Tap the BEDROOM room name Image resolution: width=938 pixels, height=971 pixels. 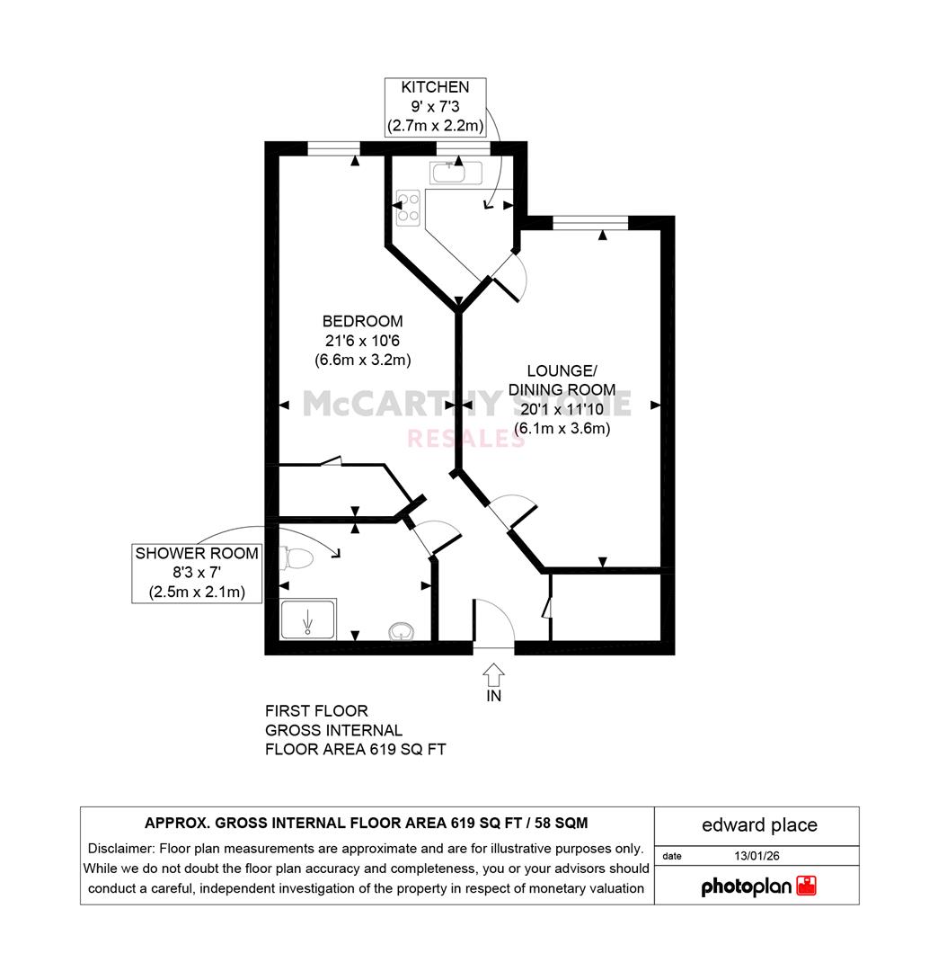point(363,321)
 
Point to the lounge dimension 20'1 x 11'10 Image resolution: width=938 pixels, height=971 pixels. point(562,409)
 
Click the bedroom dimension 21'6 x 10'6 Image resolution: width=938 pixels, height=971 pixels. point(363,341)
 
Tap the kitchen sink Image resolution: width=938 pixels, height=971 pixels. point(456,172)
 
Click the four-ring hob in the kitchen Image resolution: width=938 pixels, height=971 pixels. point(409,208)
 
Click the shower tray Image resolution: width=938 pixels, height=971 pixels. point(308,619)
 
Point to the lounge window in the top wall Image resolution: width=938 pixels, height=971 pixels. point(590,222)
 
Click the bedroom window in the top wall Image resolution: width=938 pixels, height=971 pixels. point(334,148)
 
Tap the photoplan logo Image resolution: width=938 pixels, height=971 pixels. point(758,886)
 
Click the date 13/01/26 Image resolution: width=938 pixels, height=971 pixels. point(757,856)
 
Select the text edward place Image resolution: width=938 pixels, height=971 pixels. point(759,824)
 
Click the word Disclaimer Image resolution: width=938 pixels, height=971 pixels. point(120,849)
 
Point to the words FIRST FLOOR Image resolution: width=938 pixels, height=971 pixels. point(316,711)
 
